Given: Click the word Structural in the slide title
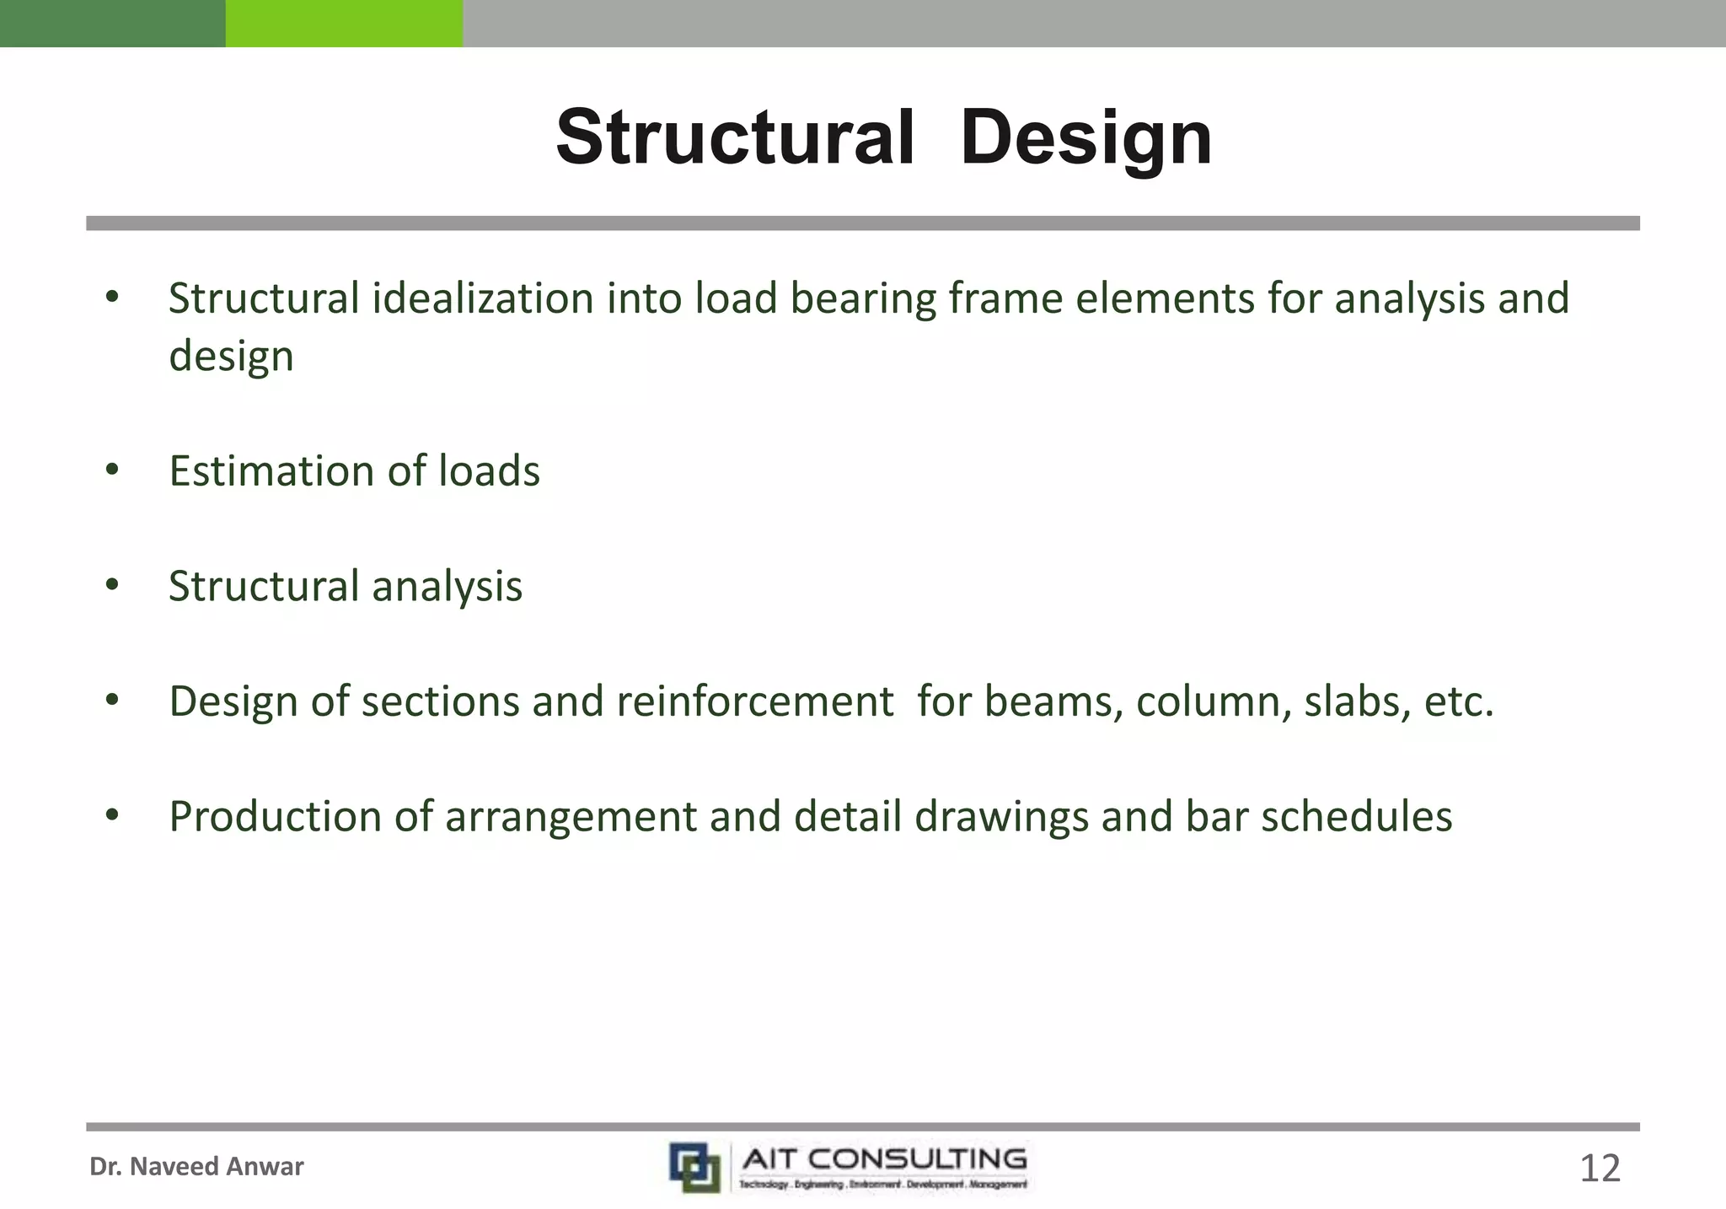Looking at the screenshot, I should tap(735, 137).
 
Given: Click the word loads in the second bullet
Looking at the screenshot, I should tap(489, 471).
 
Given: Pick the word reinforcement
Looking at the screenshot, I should tap(754, 701).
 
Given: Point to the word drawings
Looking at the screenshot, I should tap(1001, 817).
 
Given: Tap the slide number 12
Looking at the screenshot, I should tap(1599, 1169).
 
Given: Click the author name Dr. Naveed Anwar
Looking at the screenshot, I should tap(196, 1167).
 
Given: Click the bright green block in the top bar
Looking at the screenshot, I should tap(344, 23).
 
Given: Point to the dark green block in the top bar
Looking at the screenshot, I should tap(112, 23).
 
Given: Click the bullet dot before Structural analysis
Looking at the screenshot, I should tap(113, 585).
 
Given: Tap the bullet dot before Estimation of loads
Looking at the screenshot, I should tap(113, 470).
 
